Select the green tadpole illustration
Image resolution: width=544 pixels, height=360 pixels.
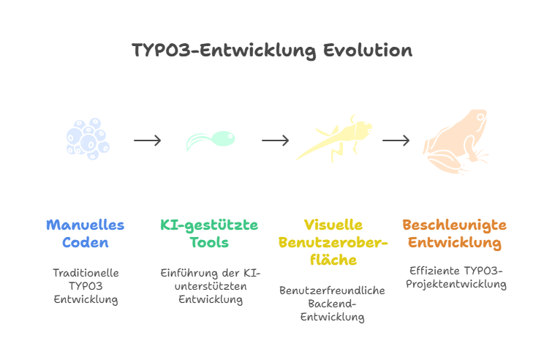click(x=211, y=140)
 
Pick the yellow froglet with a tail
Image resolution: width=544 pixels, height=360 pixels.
click(x=335, y=138)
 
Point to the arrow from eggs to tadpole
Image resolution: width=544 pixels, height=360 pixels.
click(x=148, y=140)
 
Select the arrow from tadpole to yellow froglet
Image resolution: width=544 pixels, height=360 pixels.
click(x=276, y=140)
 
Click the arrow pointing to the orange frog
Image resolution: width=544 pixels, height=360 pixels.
click(x=396, y=140)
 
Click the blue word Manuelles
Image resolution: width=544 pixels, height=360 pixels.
click(x=86, y=225)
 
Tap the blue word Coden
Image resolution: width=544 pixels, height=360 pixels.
click(x=86, y=242)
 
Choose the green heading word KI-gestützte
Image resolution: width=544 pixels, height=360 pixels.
click(x=209, y=225)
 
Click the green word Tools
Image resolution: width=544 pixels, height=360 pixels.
click(x=209, y=242)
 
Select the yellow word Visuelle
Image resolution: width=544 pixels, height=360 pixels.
click(x=333, y=225)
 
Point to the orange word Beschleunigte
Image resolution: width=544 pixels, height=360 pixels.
click(x=454, y=225)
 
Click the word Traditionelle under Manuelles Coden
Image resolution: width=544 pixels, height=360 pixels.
click(x=86, y=272)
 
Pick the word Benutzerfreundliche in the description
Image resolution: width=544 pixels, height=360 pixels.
click(x=332, y=290)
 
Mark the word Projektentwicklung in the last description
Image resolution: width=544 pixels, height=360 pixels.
click(x=454, y=285)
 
